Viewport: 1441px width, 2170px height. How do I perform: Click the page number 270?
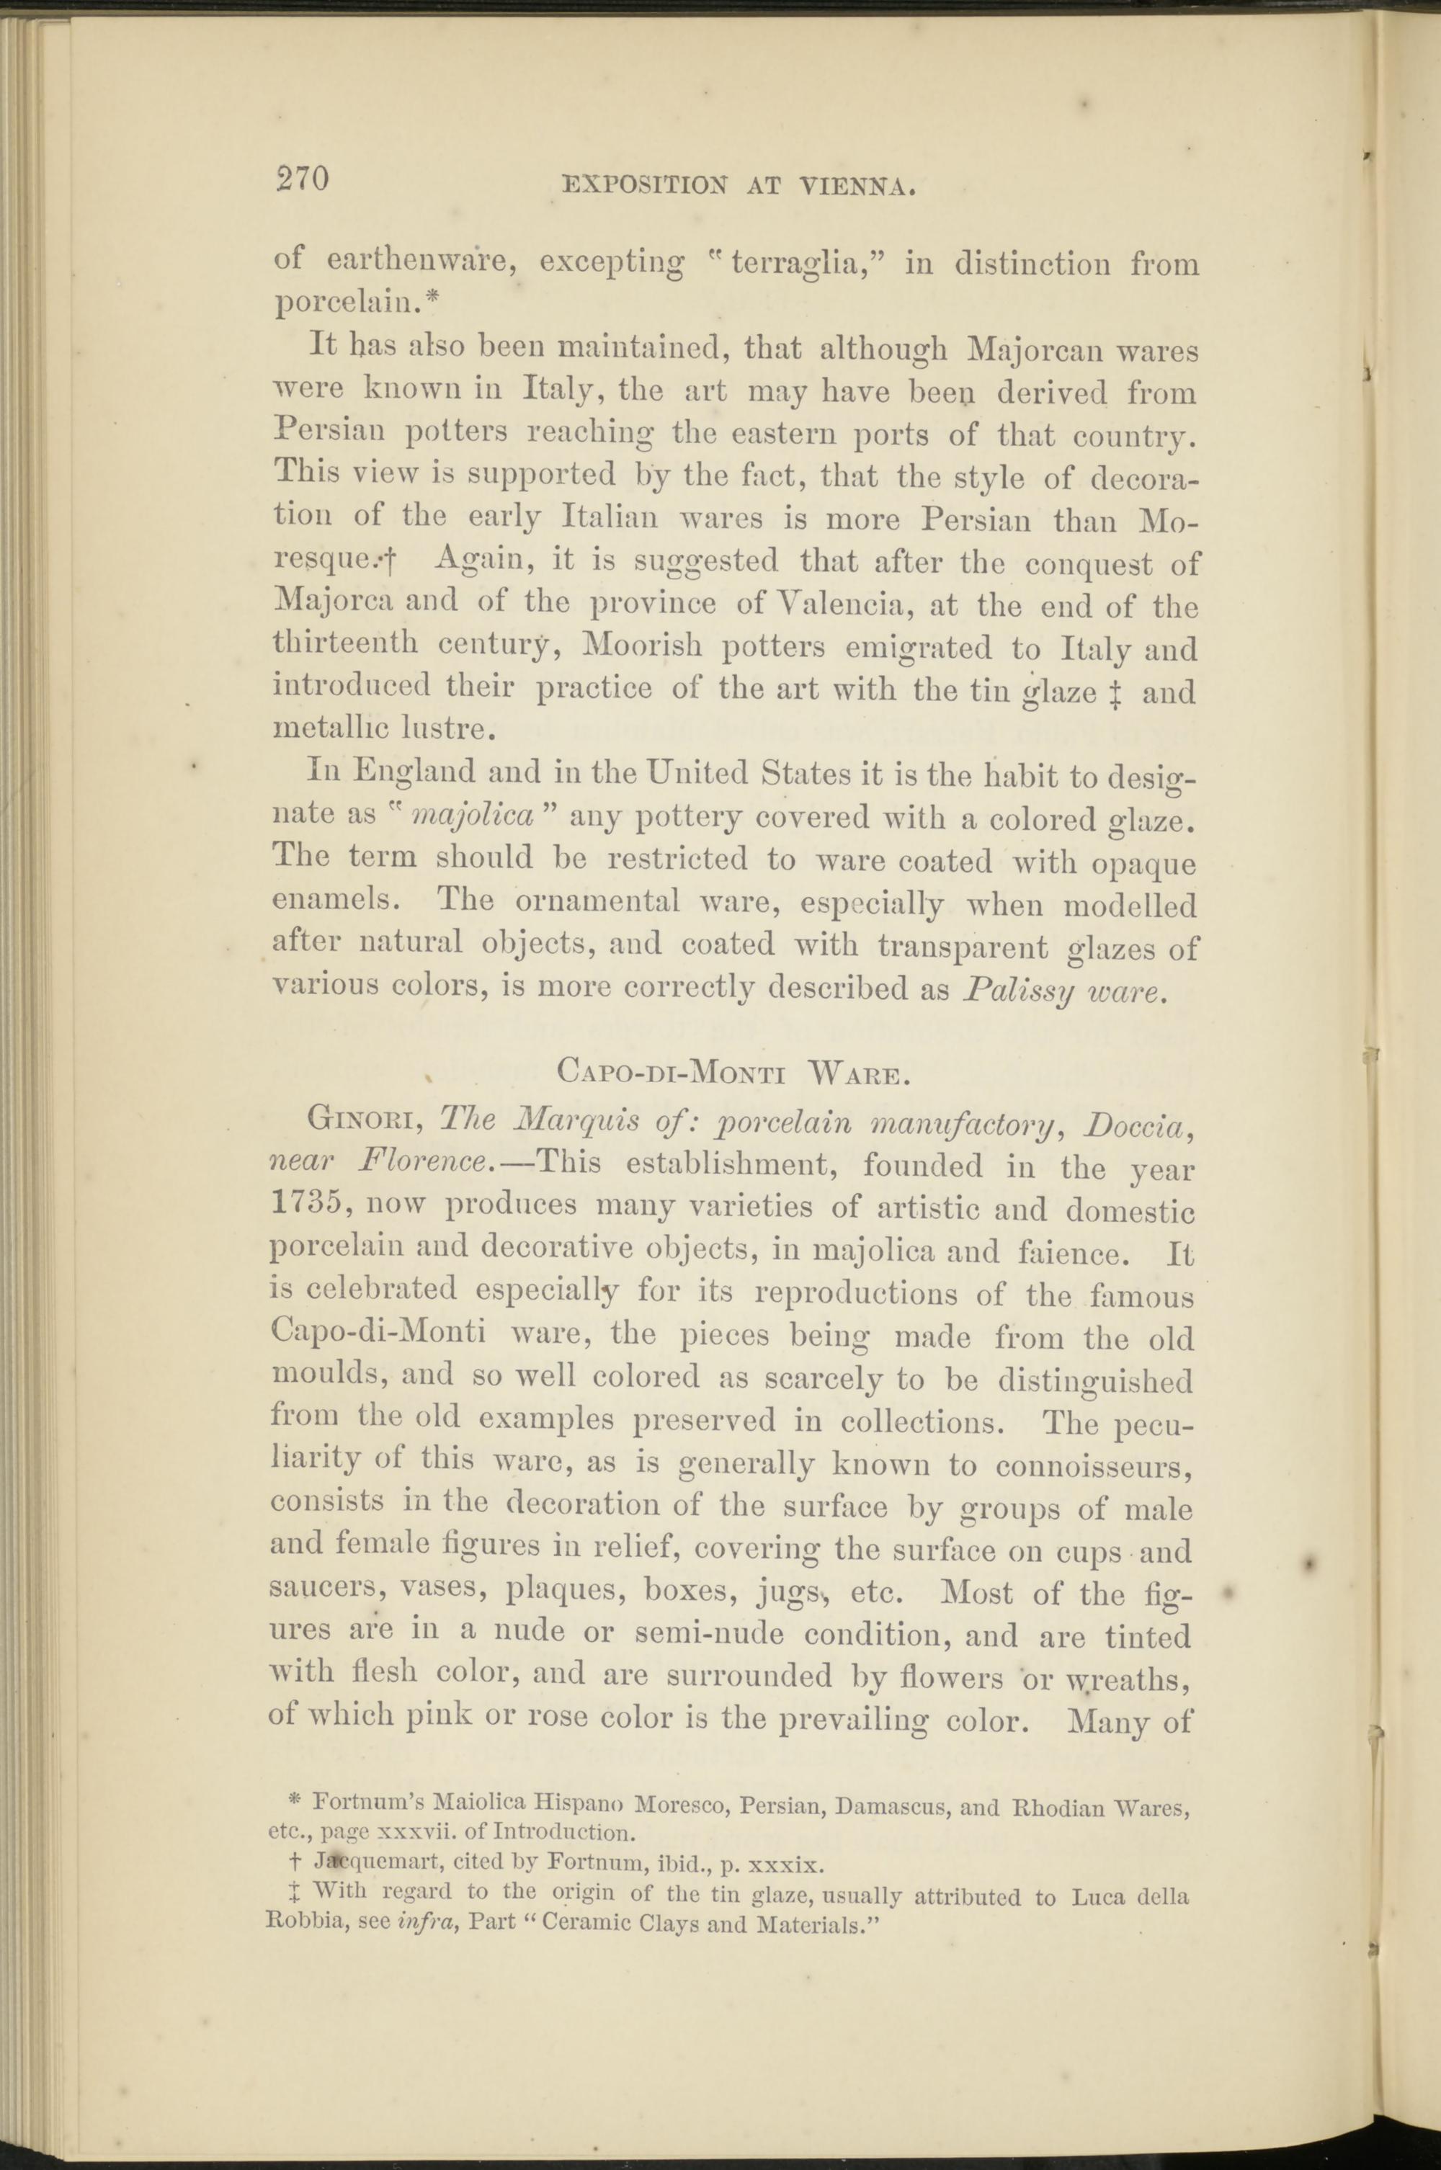(x=303, y=179)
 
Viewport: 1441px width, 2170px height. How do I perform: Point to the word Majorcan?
(x=1037, y=352)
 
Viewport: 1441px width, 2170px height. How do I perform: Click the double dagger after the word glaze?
(x=1117, y=691)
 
